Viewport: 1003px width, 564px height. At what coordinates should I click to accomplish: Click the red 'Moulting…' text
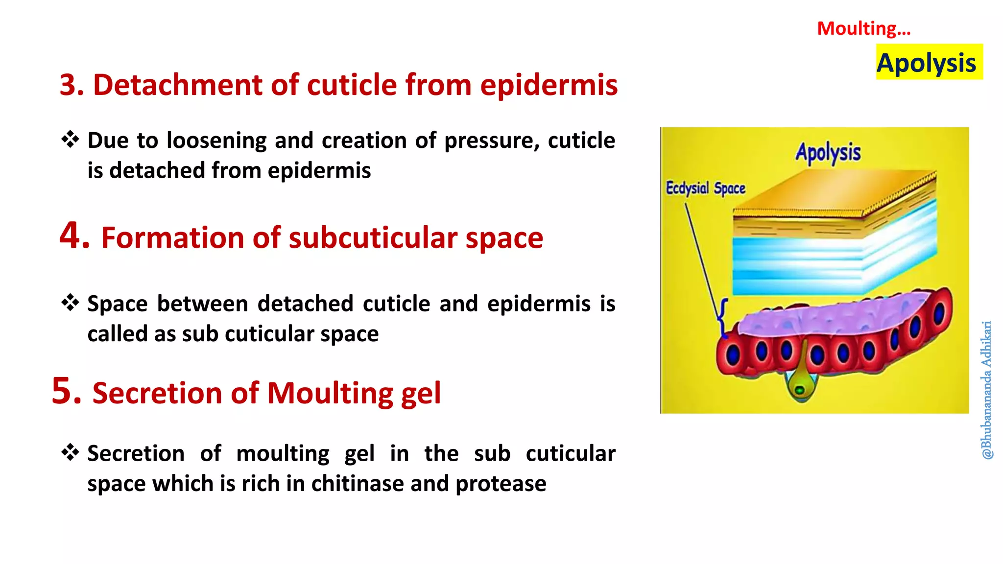pyautogui.click(x=863, y=28)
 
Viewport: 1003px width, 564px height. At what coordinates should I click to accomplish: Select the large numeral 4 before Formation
pyautogui.click(x=74, y=236)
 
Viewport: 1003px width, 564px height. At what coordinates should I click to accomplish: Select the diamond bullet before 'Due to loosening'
pyautogui.click(x=70, y=140)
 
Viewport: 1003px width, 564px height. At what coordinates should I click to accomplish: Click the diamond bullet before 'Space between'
pyautogui.click(x=70, y=303)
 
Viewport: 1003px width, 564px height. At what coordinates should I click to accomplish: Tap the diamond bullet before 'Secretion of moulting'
pyautogui.click(x=70, y=452)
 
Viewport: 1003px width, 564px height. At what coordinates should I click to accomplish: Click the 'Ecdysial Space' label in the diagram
pyautogui.click(x=705, y=188)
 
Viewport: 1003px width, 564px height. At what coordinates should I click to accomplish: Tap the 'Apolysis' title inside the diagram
pyautogui.click(x=828, y=153)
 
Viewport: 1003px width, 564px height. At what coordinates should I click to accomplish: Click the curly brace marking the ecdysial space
pyautogui.click(x=721, y=317)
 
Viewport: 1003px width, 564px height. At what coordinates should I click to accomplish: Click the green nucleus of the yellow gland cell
pyautogui.click(x=799, y=390)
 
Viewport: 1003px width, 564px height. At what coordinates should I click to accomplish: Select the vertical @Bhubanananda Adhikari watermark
pyautogui.click(x=987, y=390)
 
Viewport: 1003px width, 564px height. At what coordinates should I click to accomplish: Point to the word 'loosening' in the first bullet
pyautogui.click(x=217, y=141)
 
